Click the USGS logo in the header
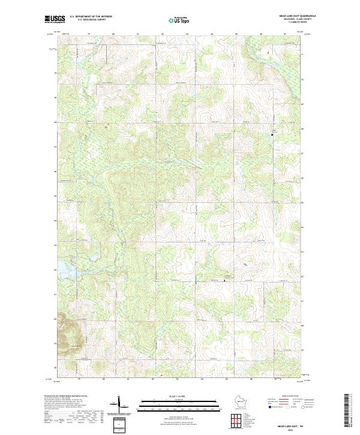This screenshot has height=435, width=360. pyautogui.click(x=54, y=19)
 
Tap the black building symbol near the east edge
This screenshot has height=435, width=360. pyautogui.click(x=273, y=135)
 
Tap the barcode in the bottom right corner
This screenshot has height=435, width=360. pyautogui.click(x=347, y=411)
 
